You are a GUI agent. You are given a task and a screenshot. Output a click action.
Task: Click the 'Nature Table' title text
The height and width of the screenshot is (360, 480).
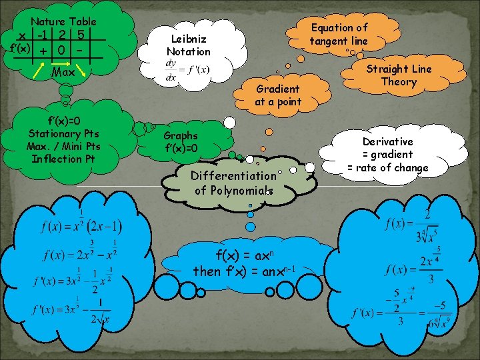click(x=63, y=22)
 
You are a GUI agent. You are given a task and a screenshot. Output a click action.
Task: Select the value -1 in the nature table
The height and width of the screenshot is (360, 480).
click(x=45, y=35)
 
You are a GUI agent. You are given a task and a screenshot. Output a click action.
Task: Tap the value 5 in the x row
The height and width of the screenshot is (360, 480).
click(x=79, y=35)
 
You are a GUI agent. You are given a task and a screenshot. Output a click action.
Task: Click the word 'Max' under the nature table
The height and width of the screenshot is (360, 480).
click(x=63, y=71)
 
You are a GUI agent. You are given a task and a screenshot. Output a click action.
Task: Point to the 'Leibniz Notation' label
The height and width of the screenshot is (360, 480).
click(x=188, y=45)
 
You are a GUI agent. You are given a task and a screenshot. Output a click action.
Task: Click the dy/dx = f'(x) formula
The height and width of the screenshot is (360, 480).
click(x=187, y=70)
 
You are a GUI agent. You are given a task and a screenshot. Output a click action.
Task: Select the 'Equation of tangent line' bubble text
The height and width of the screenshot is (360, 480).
click(x=339, y=34)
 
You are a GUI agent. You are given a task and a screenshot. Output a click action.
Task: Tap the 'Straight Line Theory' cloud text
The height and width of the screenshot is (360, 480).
click(x=399, y=75)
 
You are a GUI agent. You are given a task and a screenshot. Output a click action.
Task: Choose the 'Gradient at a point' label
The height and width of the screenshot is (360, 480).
click(x=278, y=95)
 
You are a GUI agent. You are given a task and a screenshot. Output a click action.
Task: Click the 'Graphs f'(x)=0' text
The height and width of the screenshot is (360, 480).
click(x=181, y=141)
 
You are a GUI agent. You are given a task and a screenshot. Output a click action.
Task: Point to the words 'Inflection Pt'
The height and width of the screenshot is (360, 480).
click(x=63, y=159)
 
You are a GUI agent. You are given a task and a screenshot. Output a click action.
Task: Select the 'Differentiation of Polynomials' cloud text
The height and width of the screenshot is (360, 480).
click(x=233, y=183)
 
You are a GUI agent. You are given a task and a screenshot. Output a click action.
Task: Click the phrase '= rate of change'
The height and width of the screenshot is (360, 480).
click(x=387, y=167)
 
